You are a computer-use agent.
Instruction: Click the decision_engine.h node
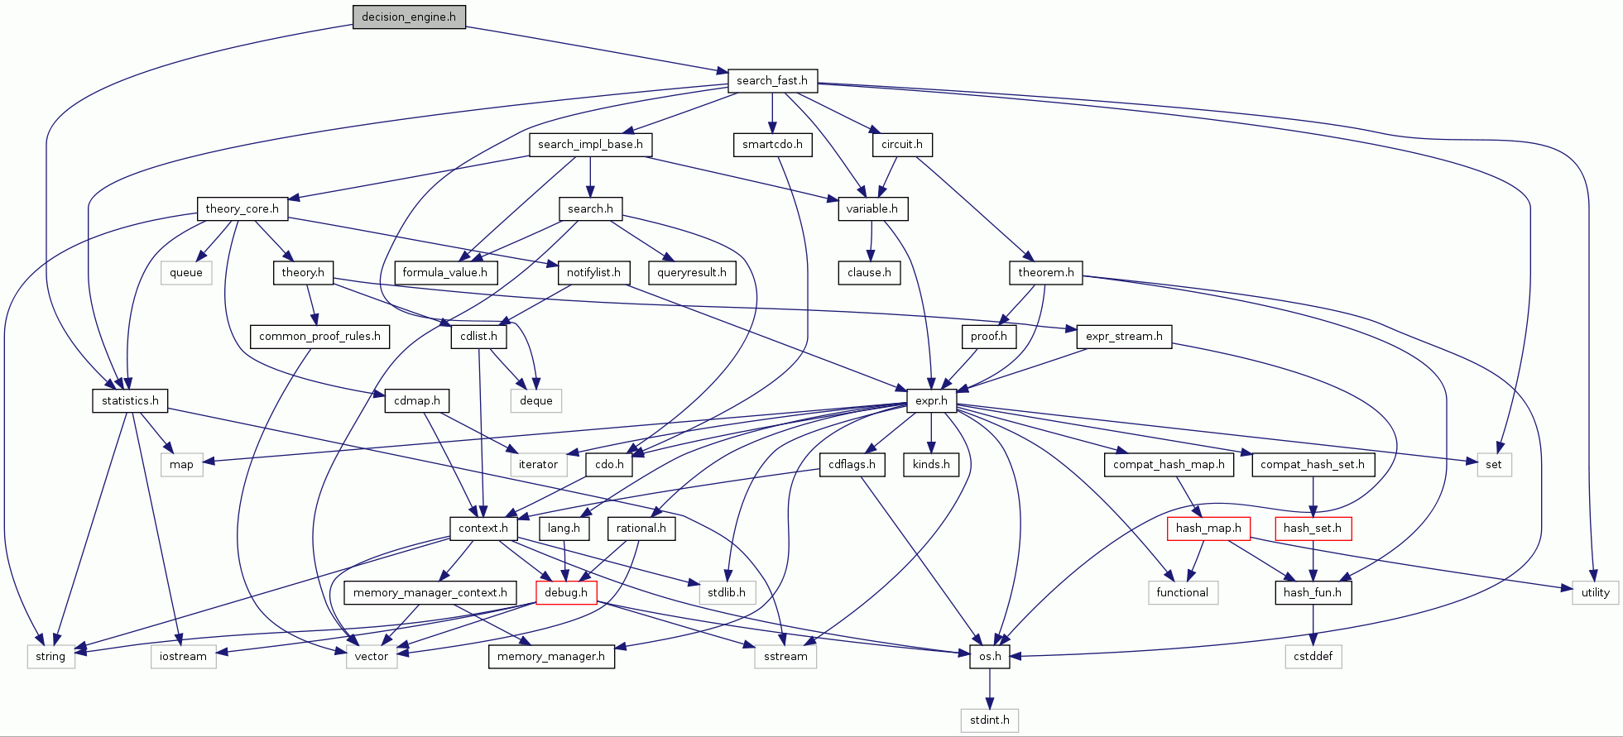[409, 17]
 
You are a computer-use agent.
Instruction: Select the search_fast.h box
[772, 80]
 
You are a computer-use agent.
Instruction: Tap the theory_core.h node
[242, 208]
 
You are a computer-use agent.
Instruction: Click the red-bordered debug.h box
[566, 592]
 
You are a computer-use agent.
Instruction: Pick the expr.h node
[931, 400]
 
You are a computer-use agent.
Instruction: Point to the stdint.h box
[990, 720]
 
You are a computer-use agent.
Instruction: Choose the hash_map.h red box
[1208, 528]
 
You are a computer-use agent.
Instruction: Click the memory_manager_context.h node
[430, 592]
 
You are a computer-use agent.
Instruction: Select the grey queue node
[186, 272]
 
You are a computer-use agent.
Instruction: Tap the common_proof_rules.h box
[319, 336]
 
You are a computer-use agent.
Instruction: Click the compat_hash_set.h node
[1313, 464]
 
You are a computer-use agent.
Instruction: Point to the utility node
[1596, 592]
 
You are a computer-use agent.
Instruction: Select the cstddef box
[1313, 656]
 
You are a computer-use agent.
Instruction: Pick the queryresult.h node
[692, 272]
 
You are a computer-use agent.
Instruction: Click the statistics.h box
[130, 400]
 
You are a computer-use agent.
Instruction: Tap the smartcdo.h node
[772, 144]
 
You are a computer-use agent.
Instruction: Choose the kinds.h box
[931, 464]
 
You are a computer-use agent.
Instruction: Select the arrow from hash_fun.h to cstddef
[1313, 625]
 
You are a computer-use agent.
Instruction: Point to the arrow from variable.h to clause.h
[871, 241]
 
